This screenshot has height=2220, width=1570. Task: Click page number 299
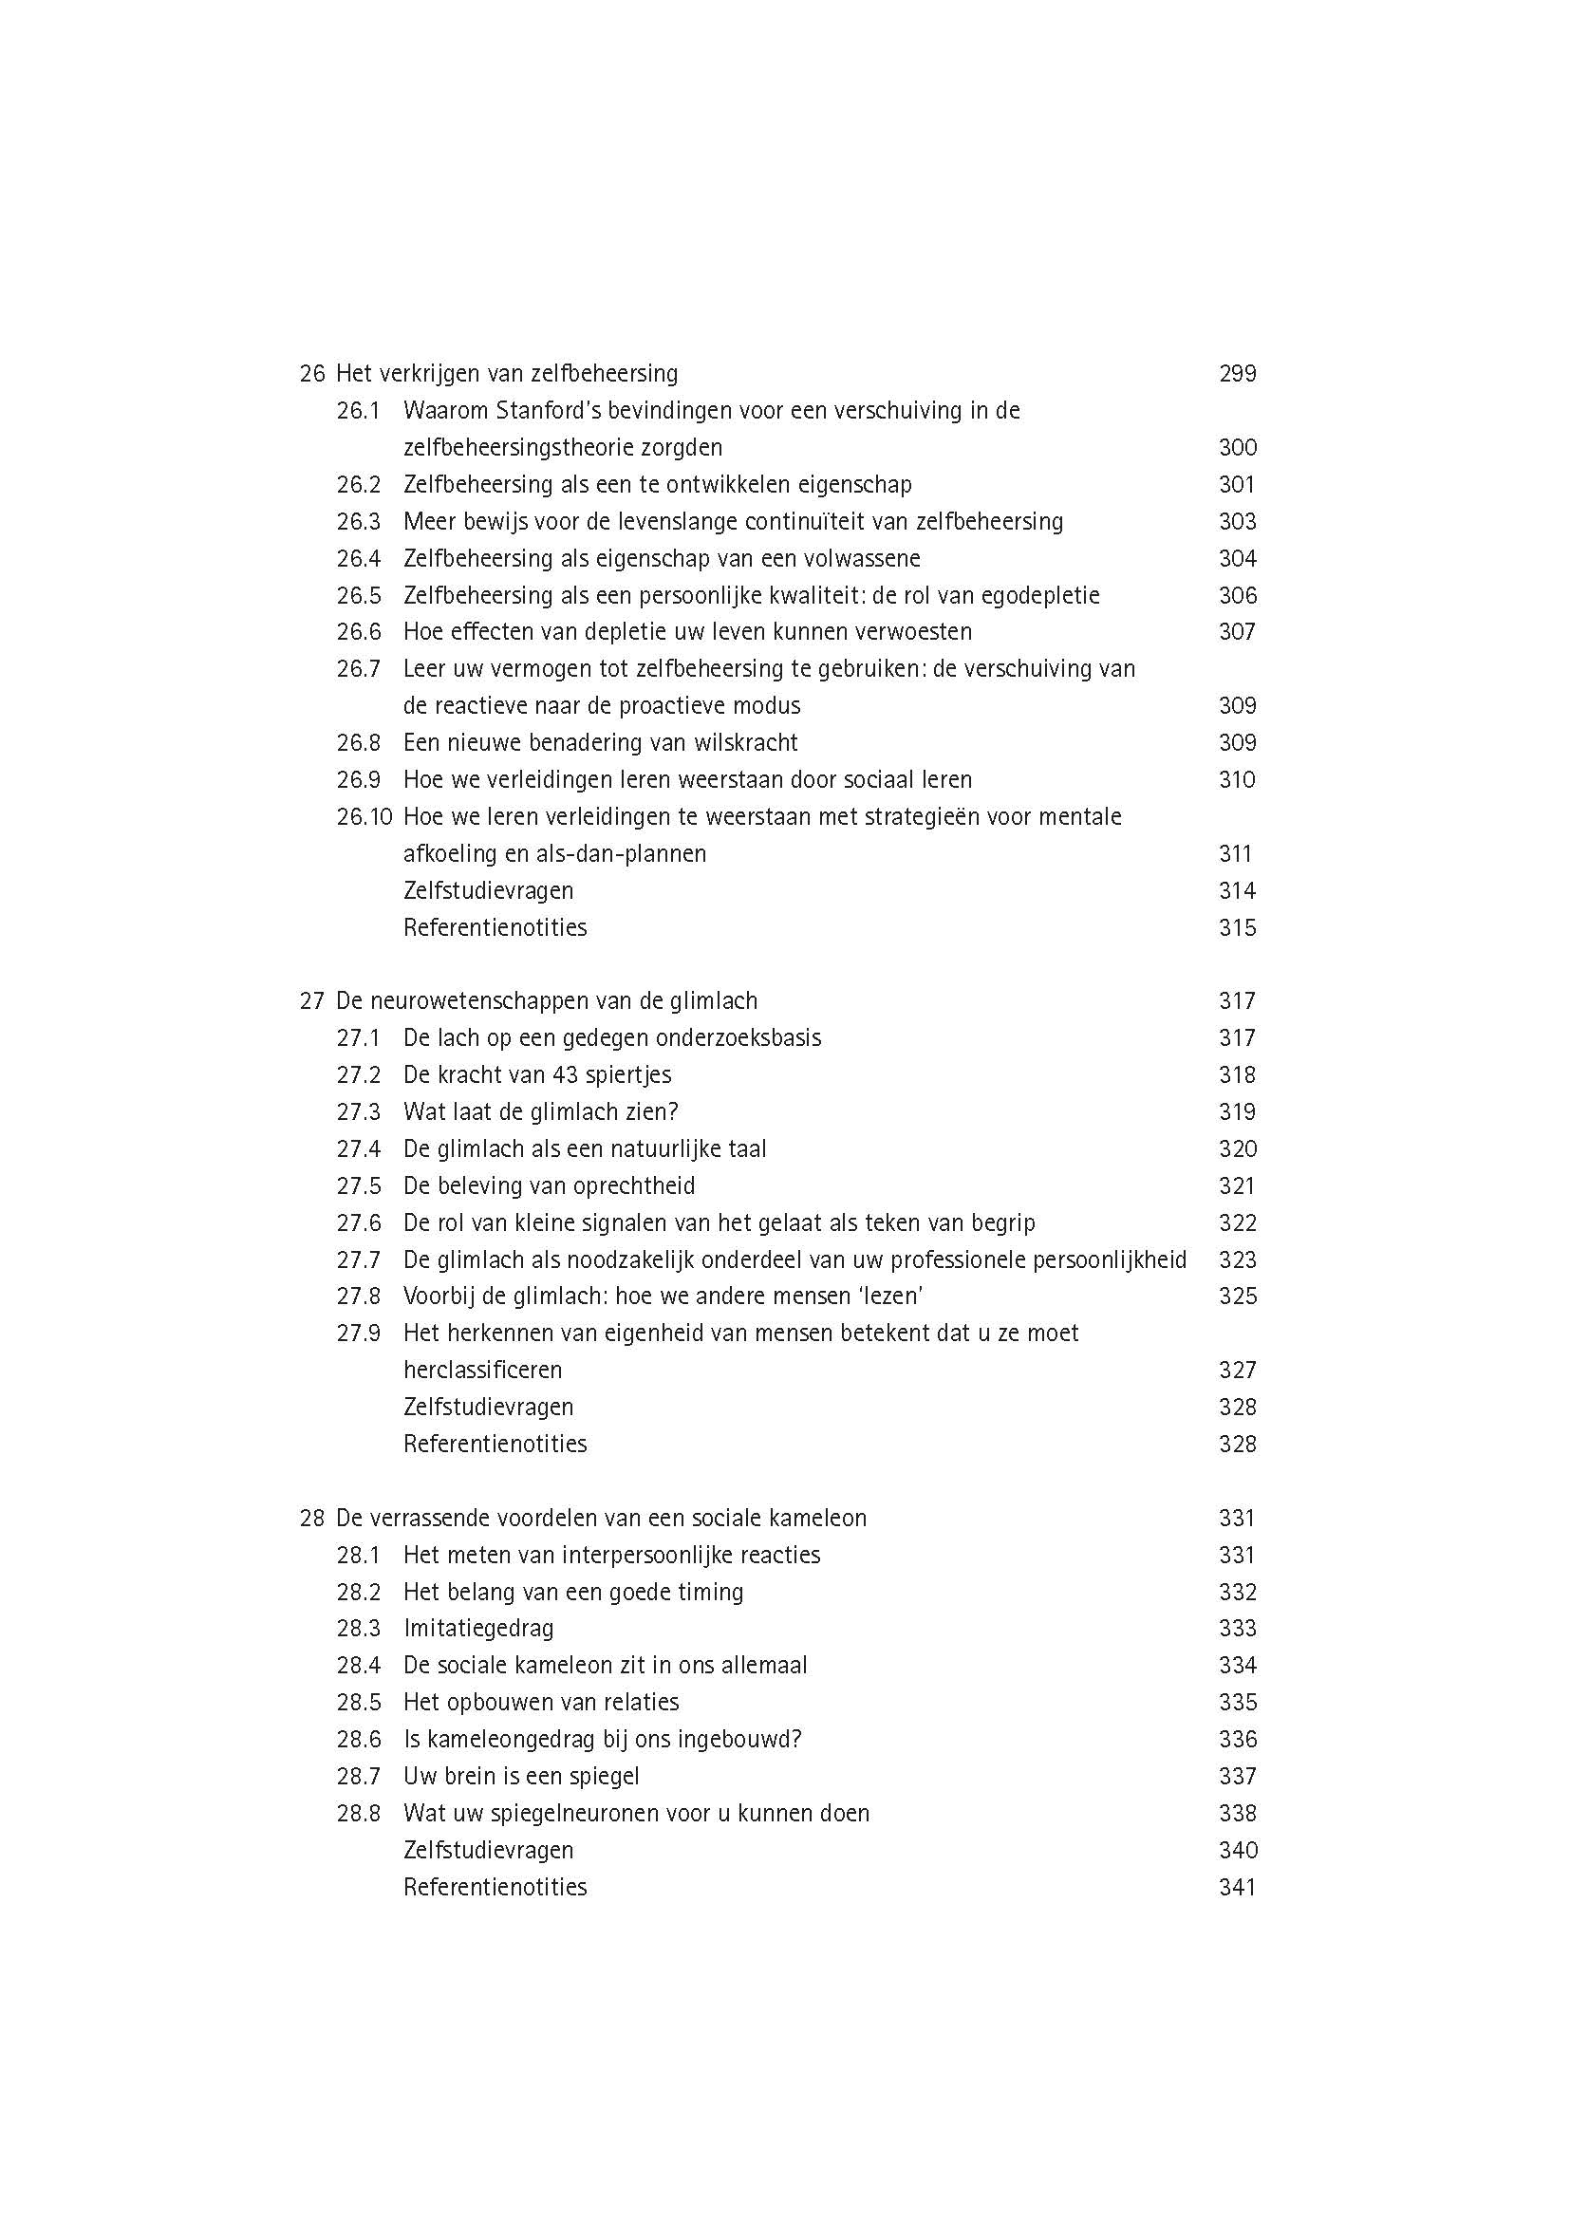click(1237, 373)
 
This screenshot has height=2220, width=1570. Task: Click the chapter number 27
click(311, 1000)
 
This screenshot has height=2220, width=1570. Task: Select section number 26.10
click(364, 817)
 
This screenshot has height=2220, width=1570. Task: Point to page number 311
click(1235, 854)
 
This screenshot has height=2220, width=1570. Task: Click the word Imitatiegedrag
click(478, 1629)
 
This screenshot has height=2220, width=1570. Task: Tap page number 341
click(1237, 1888)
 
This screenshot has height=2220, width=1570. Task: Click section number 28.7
click(359, 1776)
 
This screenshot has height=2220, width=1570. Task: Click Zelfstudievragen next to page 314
click(488, 890)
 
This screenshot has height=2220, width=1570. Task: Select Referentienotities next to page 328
click(495, 1444)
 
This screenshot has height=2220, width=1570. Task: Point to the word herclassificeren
click(482, 1371)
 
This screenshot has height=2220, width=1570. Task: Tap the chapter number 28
click(311, 1518)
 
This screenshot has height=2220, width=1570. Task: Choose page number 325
click(1237, 1297)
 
